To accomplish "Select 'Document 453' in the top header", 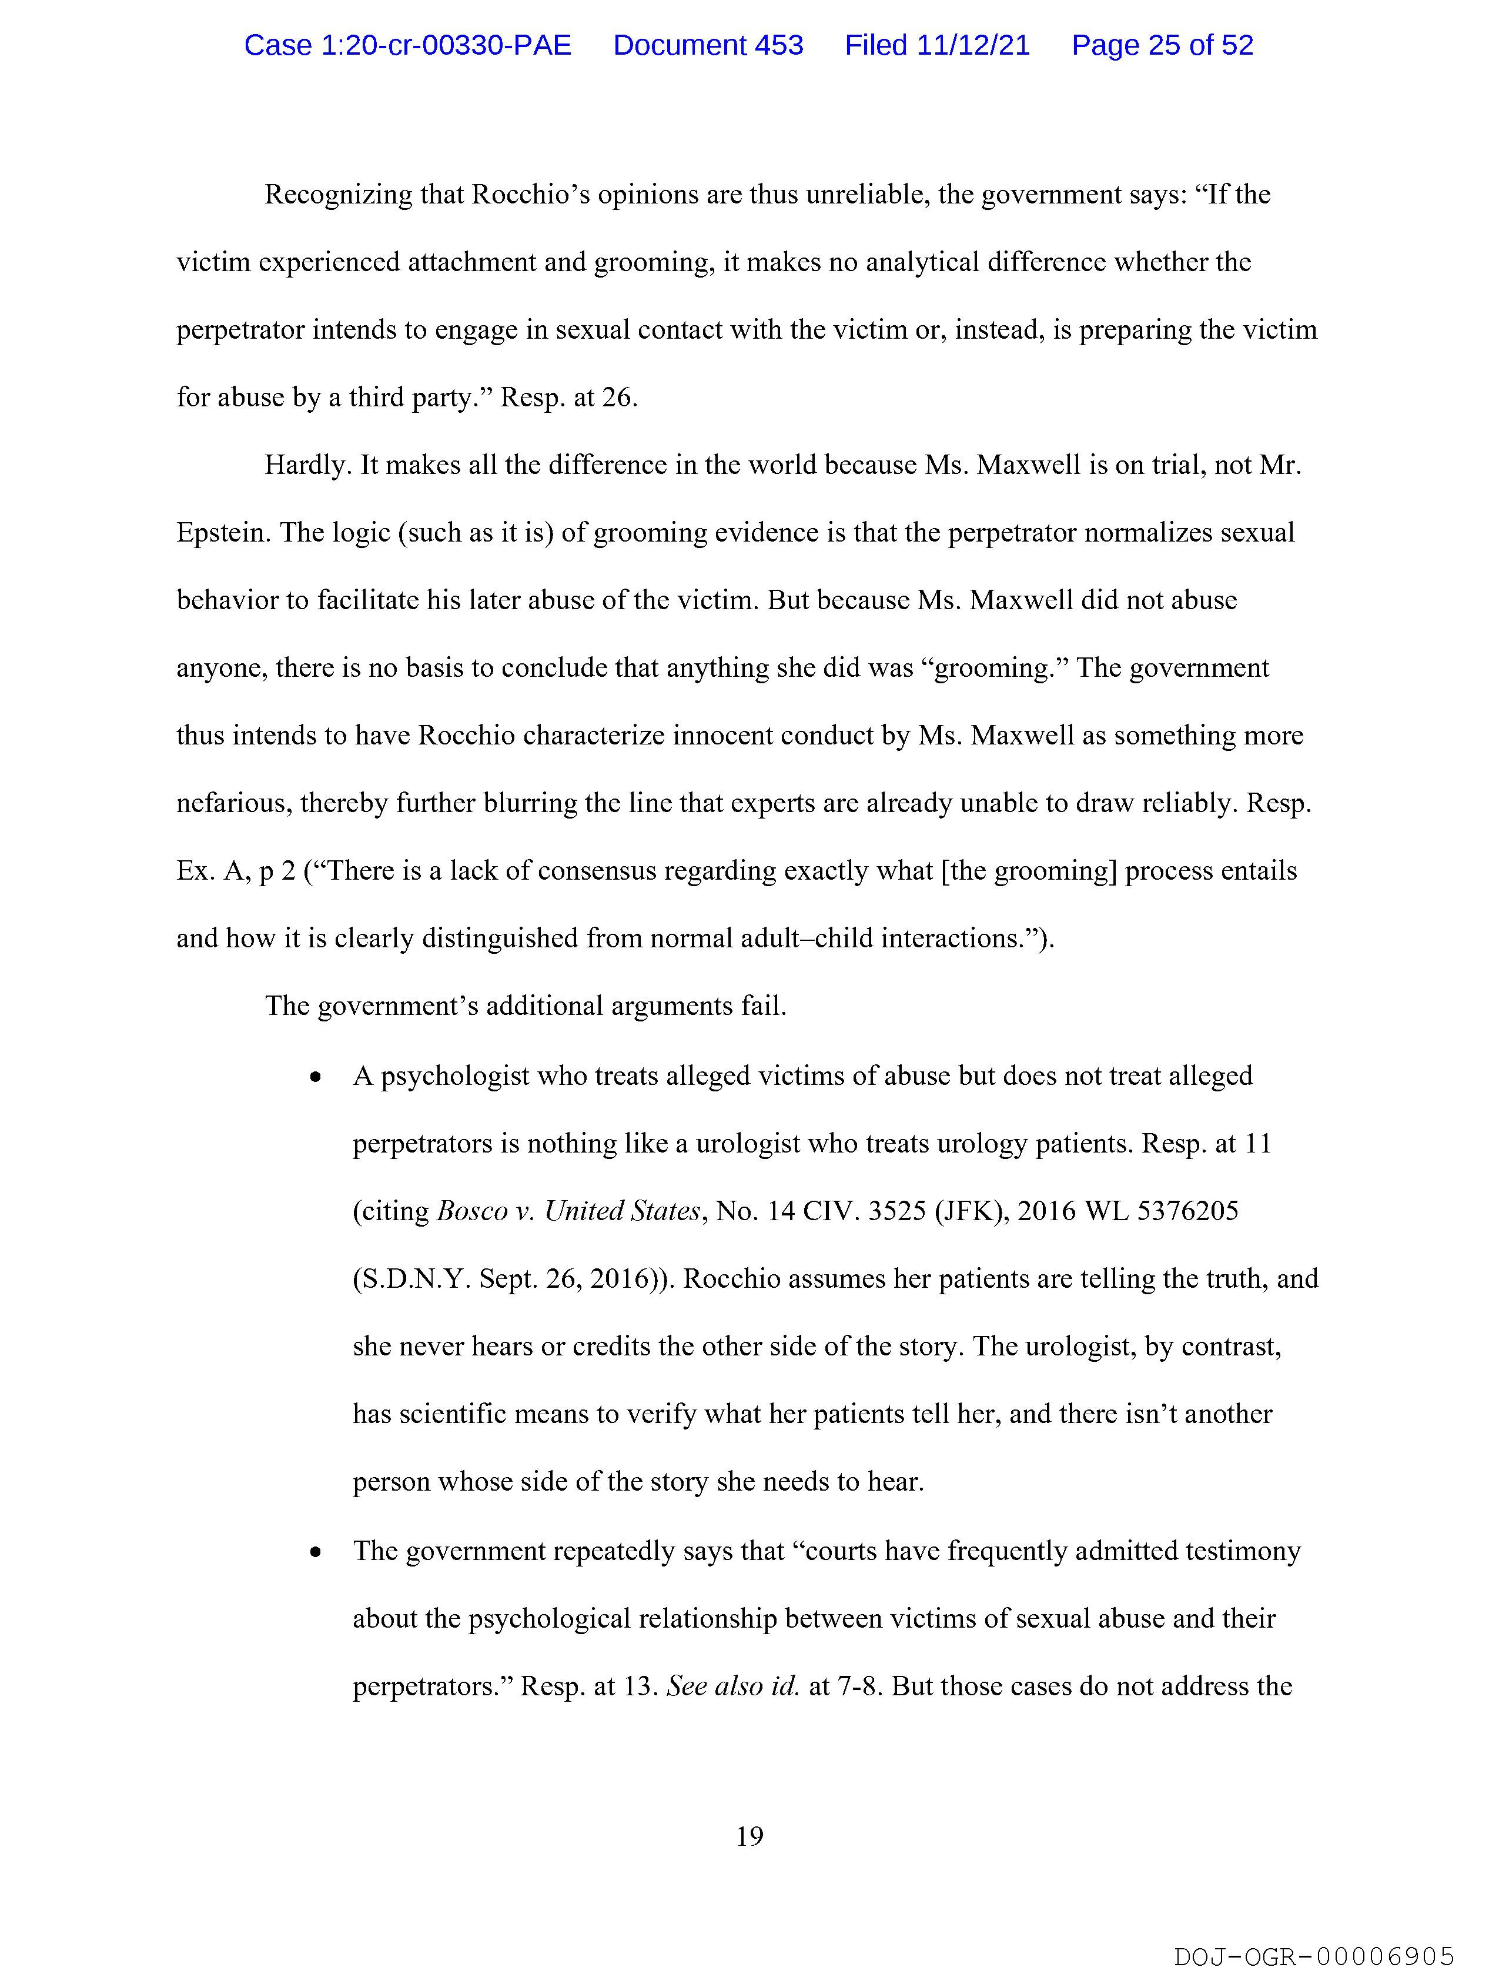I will [x=708, y=45].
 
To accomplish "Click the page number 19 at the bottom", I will [x=749, y=1836].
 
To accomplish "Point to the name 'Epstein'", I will [x=222, y=533].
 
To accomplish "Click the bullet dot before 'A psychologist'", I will [x=315, y=1078].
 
